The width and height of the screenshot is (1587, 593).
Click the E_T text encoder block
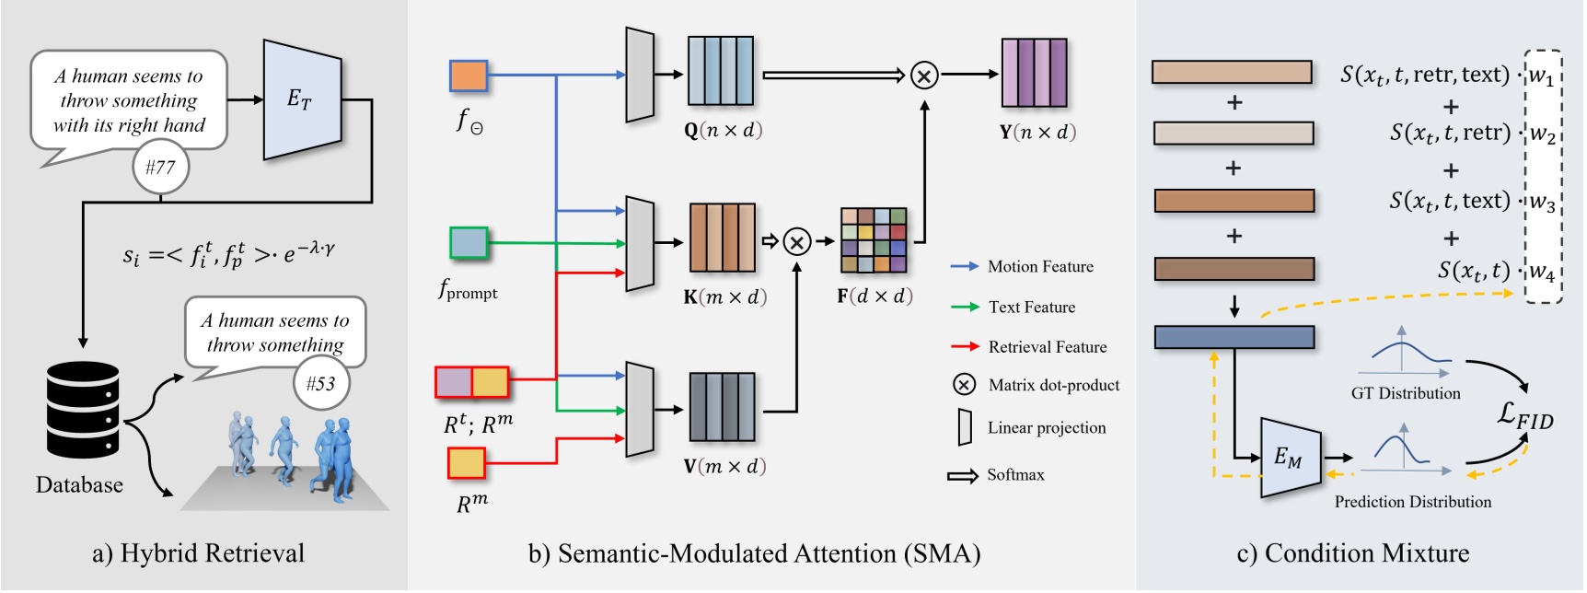(x=302, y=99)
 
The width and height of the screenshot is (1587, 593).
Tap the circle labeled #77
(x=160, y=168)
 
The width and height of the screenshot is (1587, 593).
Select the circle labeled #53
(x=321, y=383)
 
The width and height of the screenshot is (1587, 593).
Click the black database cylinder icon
(x=83, y=411)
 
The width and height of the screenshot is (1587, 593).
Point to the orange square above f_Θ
(x=469, y=76)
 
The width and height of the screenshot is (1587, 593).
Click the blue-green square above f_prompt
(x=469, y=243)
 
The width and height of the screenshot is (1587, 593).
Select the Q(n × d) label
(x=724, y=131)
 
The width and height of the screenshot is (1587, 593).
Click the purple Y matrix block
(x=1034, y=73)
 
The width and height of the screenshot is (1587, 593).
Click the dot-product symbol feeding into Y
(x=924, y=75)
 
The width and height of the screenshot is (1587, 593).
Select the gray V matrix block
(x=722, y=407)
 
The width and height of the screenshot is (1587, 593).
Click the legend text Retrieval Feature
(x=1048, y=347)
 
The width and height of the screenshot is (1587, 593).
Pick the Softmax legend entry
(x=1015, y=475)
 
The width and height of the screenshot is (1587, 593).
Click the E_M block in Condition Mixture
(x=1289, y=457)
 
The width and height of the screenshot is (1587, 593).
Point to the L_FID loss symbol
(x=1525, y=416)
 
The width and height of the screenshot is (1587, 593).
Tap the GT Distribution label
(x=1406, y=393)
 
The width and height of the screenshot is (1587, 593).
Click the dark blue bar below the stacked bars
(x=1234, y=337)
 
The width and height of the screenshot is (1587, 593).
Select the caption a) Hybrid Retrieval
(x=198, y=553)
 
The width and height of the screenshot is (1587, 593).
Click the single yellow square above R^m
(x=467, y=463)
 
